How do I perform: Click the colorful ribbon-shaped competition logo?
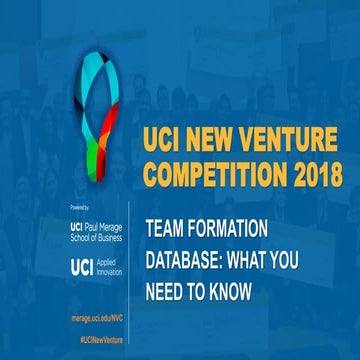coord(96,110)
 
